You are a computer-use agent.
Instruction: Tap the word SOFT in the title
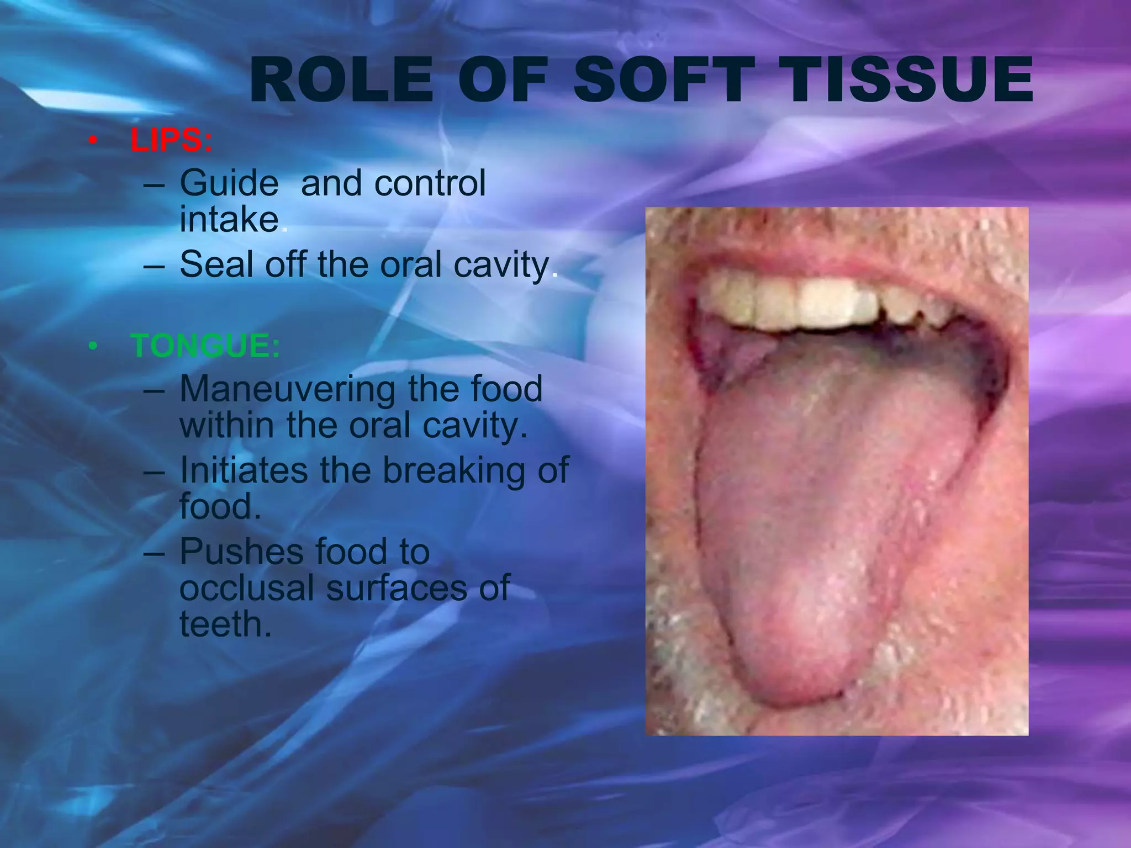664,81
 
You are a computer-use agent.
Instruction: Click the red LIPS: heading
171,140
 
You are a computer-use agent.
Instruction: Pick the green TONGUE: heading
205,346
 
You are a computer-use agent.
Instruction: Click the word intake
229,220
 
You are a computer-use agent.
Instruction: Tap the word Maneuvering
287,389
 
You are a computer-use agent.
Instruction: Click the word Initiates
244,470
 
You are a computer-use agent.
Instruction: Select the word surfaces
397,587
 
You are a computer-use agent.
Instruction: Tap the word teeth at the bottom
225,624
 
